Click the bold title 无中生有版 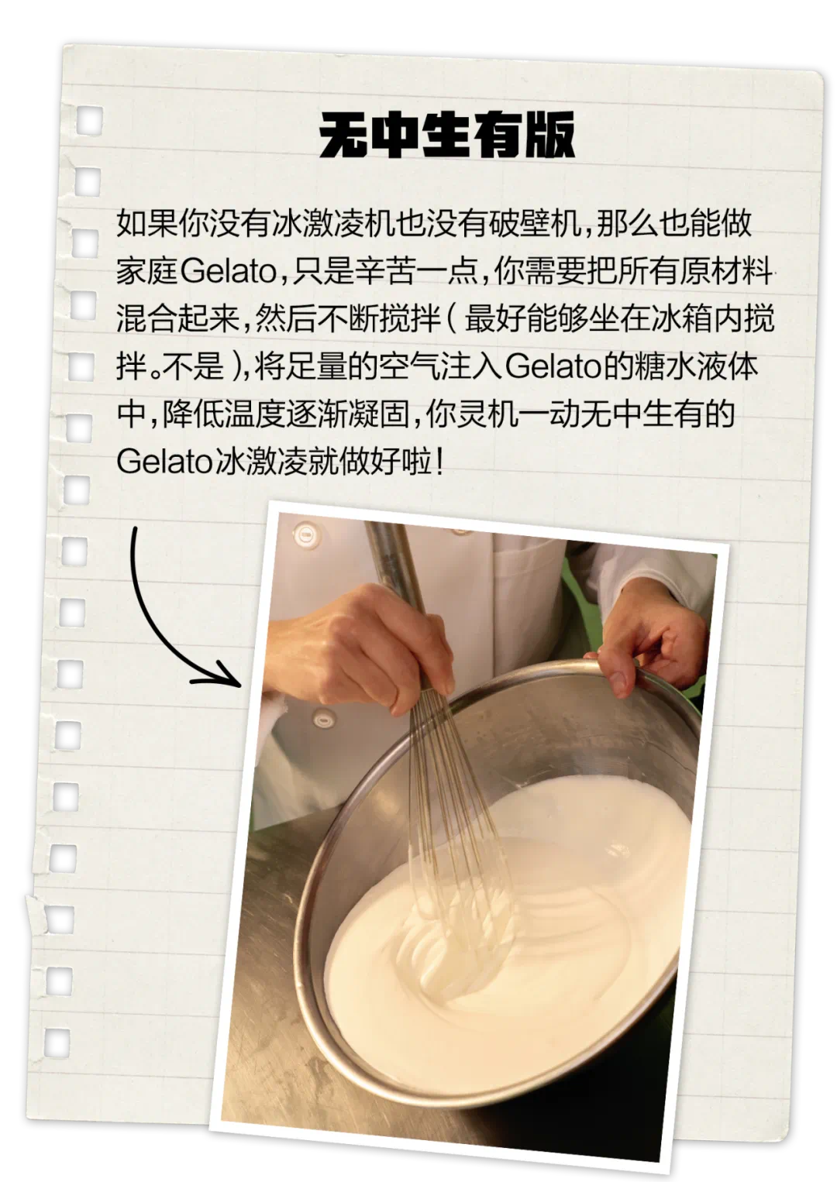pyautogui.click(x=447, y=136)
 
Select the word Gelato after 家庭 pyautogui.click(x=228, y=271)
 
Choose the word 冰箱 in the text pyautogui.click(x=681, y=318)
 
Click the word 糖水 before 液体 pyautogui.click(x=666, y=366)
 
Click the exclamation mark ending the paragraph pyautogui.click(x=440, y=462)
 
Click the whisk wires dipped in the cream pyautogui.click(x=457, y=875)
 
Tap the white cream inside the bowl pyautogui.click(x=558, y=929)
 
